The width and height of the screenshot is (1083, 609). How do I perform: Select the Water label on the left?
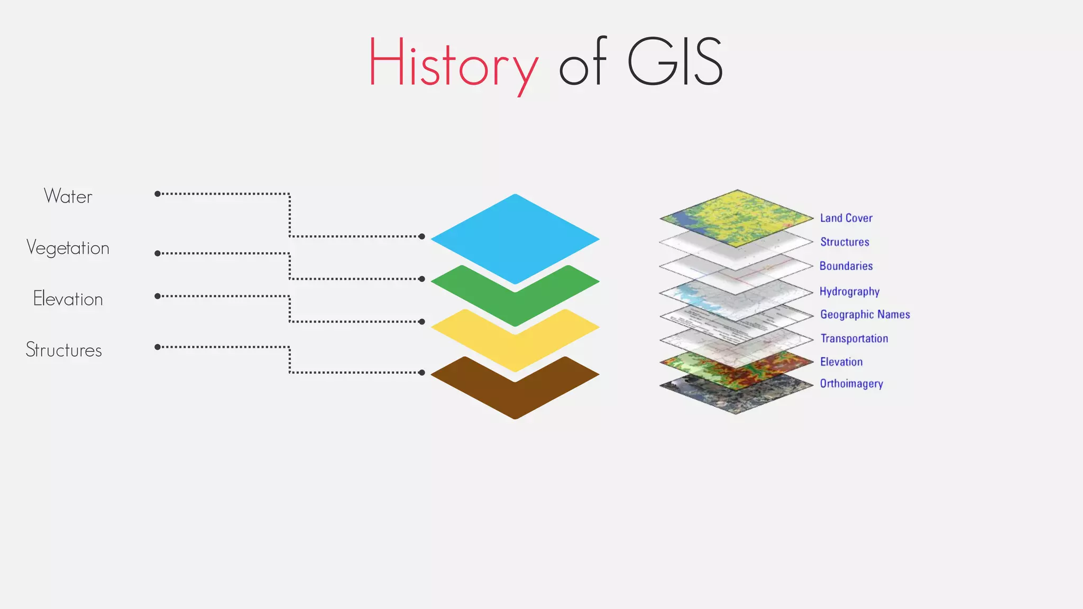68,196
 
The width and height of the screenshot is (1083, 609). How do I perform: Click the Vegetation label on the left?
68,248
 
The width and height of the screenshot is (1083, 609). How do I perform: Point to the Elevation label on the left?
68,299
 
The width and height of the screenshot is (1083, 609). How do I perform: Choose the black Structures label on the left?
64,350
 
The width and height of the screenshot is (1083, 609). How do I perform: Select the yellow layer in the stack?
515,352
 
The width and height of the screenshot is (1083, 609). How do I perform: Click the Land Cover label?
846,218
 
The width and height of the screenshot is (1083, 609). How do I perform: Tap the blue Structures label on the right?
845,242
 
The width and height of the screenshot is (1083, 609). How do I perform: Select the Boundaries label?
846,266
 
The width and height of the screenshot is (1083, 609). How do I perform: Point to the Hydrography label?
849,291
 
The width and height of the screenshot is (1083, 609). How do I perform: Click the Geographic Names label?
865,315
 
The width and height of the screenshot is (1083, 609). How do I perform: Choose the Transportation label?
854,338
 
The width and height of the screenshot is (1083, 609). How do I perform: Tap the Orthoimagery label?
851,384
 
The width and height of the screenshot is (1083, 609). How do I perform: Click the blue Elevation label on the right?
841,362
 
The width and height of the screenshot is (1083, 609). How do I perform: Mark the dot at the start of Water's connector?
158,194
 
